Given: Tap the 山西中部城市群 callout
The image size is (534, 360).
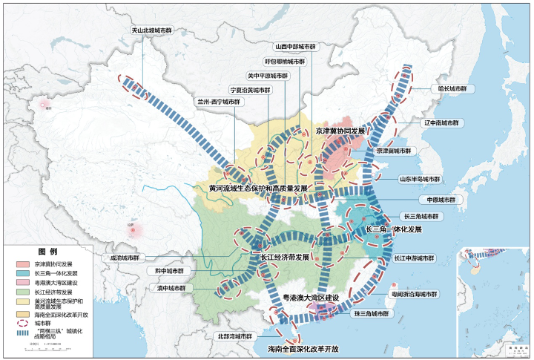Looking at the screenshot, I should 294,45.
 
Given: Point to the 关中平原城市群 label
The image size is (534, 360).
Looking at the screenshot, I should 268,76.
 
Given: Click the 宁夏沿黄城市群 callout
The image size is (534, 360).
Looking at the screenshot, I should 250,90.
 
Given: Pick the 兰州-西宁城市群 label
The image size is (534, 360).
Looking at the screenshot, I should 219,102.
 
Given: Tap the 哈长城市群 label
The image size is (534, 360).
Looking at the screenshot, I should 452,88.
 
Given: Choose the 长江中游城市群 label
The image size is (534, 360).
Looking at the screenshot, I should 414,258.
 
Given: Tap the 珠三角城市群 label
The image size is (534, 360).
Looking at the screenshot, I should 371,314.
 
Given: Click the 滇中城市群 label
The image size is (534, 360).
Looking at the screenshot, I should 171,287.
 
